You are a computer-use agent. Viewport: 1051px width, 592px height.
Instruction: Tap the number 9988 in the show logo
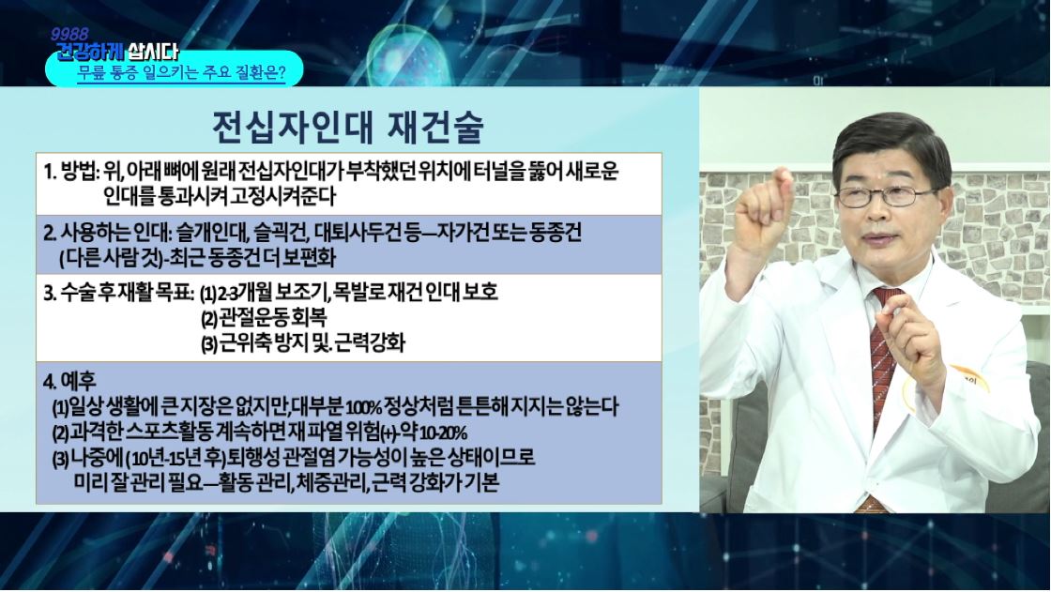pyautogui.click(x=69, y=34)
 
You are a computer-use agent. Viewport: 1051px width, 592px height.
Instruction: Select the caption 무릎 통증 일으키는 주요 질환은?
pyautogui.click(x=181, y=72)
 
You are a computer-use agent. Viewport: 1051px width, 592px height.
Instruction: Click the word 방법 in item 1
pyautogui.click(x=79, y=172)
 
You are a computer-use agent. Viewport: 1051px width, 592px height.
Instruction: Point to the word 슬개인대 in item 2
pyautogui.click(x=215, y=233)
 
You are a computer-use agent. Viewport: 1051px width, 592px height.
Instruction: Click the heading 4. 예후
pyautogui.click(x=69, y=381)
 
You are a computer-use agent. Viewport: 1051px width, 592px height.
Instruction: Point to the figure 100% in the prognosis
pyautogui.click(x=365, y=407)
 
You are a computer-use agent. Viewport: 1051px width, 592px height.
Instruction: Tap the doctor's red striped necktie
pyautogui.click(x=883, y=349)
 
